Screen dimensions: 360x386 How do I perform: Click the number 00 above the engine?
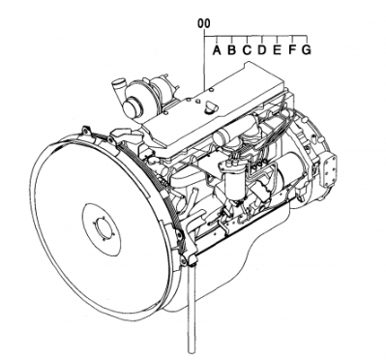point(203,22)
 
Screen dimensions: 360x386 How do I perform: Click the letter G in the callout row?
point(306,49)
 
